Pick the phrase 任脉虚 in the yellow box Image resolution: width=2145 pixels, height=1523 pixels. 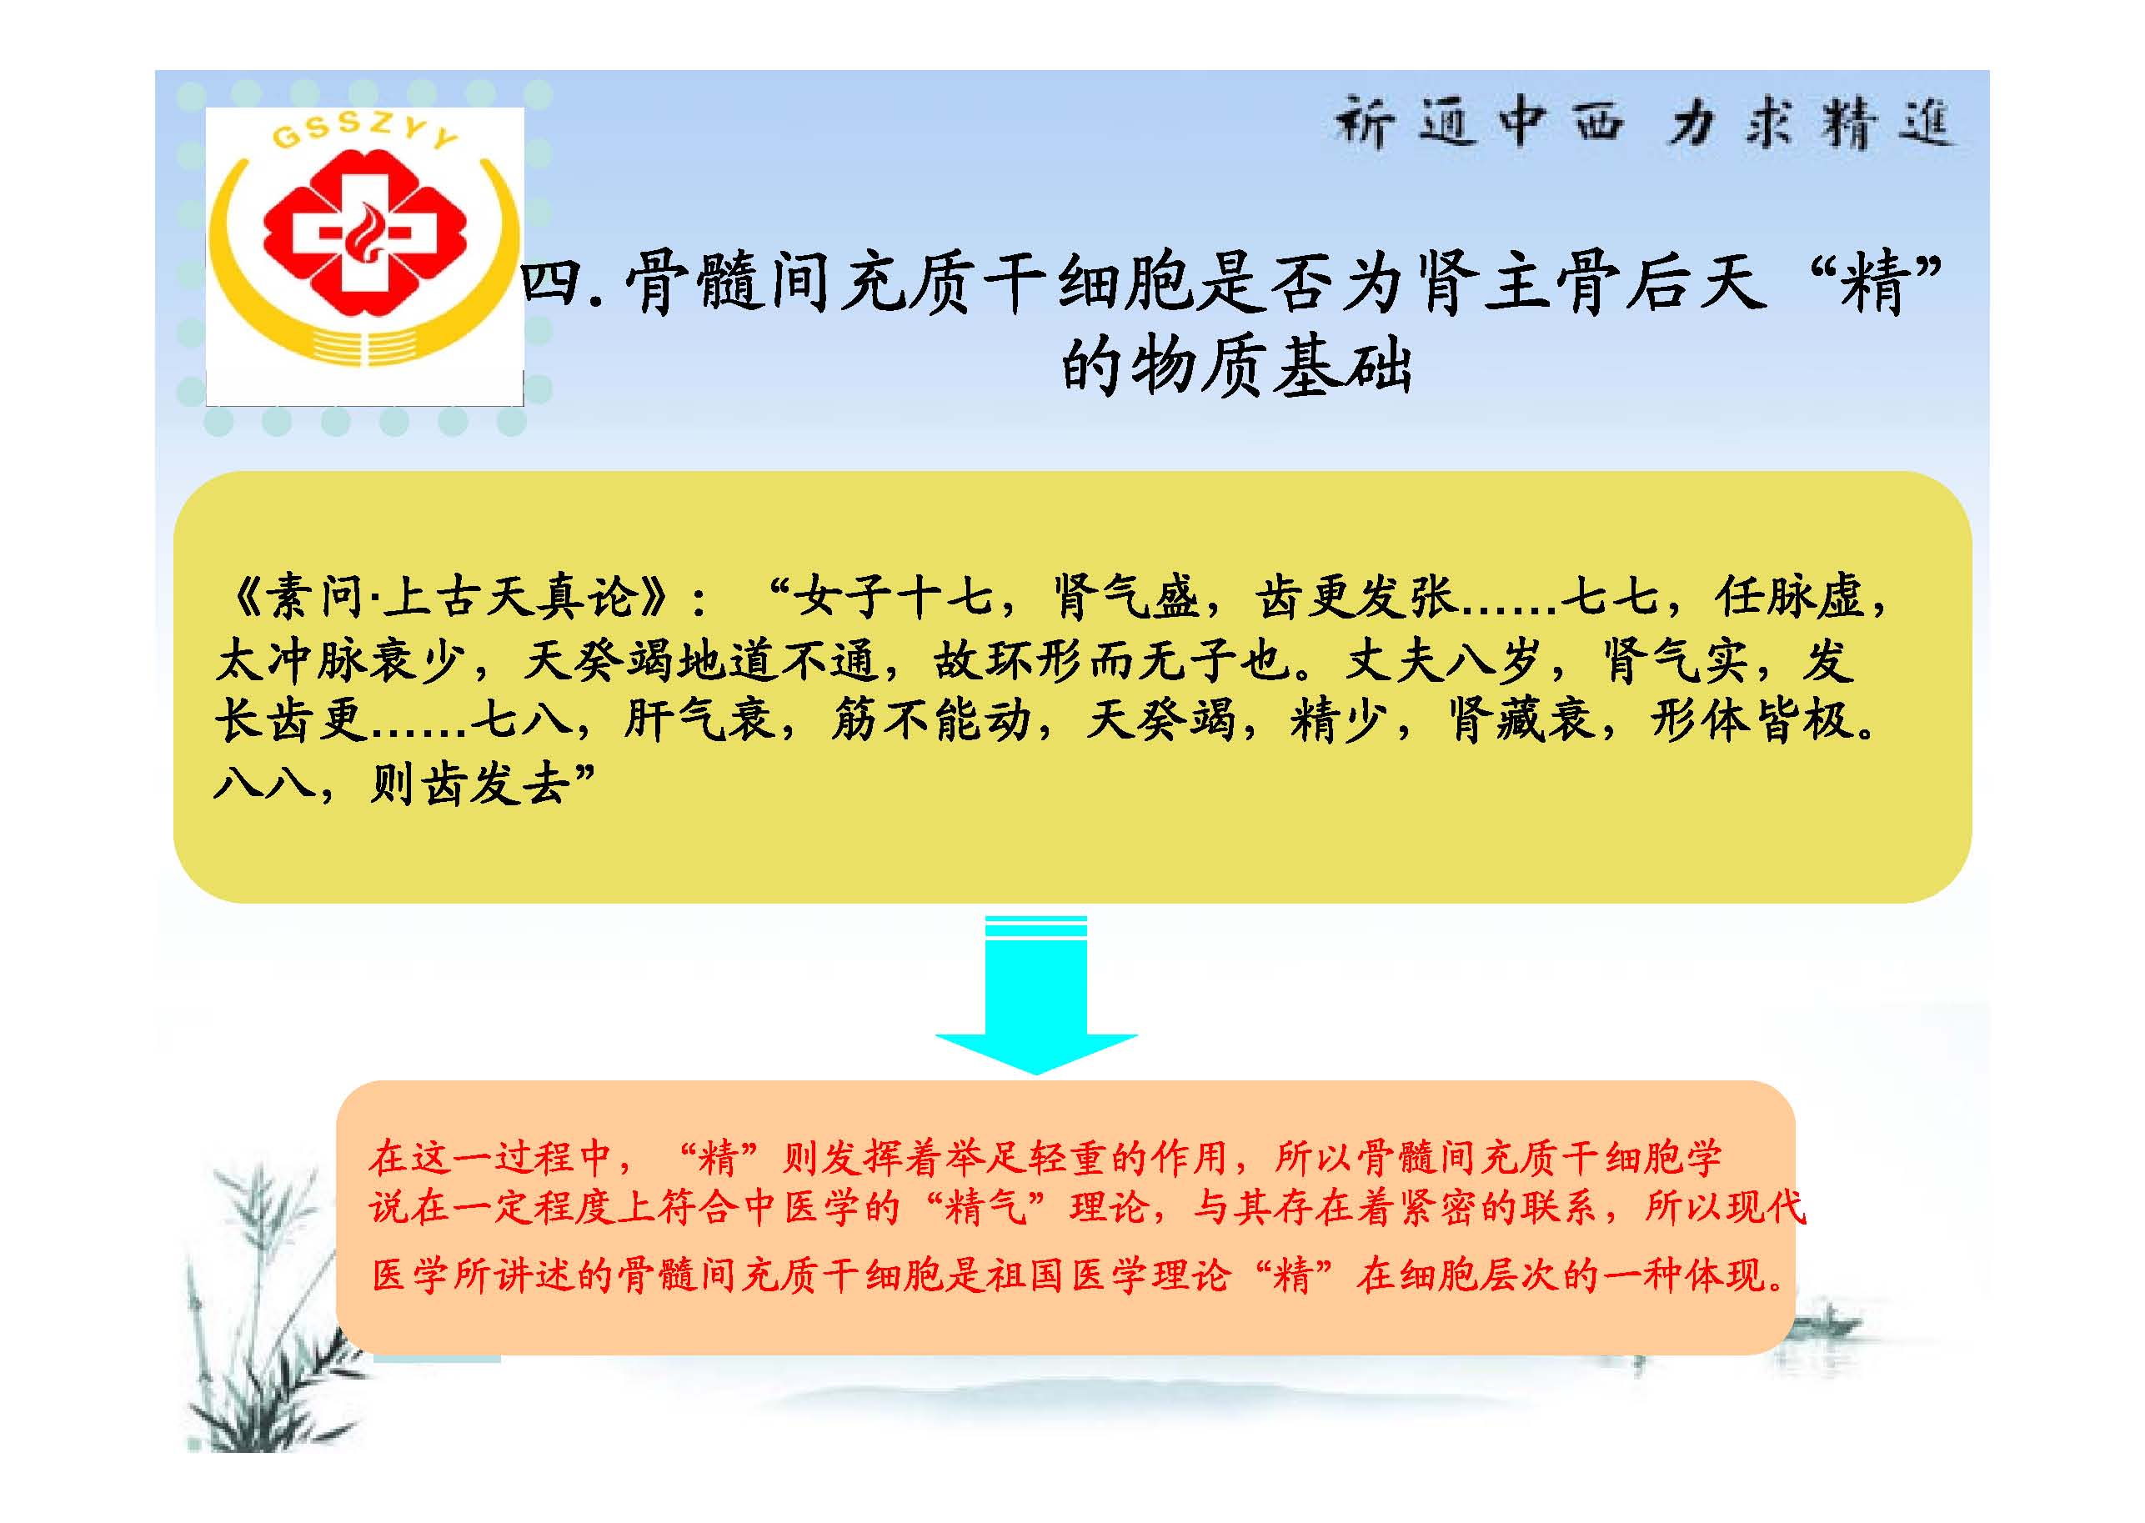coord(1788,597)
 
